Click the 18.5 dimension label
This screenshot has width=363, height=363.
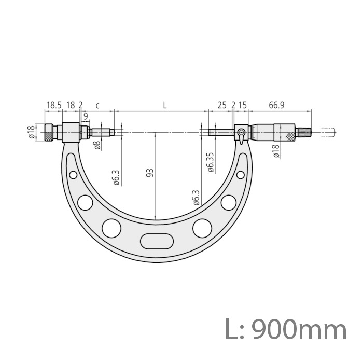coord(54,105)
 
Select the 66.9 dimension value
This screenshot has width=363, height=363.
coord(276,105)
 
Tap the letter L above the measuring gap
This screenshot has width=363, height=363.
coord(164,105)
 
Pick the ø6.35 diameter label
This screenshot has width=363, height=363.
coord(210,162)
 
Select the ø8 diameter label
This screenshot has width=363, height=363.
coord(97,146)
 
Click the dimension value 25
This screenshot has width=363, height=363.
coord(222,105)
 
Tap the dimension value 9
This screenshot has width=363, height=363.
coord(85,116)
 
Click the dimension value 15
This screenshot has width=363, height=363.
coord(242,105)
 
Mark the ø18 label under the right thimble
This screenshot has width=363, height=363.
coord(276,151)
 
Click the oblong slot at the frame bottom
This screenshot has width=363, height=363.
coord(156,242)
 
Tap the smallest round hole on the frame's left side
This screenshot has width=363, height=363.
coord(73,175)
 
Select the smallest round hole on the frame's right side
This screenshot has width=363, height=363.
coord(240,175)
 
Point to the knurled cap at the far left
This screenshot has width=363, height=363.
coord(48,133)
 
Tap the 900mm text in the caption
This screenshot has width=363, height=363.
coord(300,330)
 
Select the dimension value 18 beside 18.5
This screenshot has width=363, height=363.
coord(71,105)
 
